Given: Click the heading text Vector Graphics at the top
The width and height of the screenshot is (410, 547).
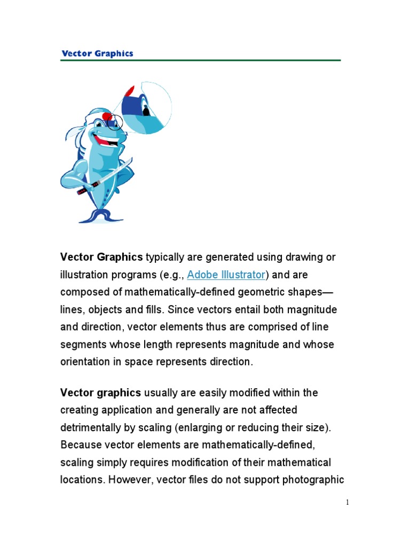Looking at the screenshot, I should coord(97,53).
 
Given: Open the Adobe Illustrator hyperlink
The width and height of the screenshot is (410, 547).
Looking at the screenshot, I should coord(226,275).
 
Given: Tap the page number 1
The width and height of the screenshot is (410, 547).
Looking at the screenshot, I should coord(347,502).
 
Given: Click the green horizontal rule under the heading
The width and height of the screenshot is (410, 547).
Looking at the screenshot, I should coord(200,60).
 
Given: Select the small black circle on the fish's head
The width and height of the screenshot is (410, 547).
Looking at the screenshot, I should coord(114,123).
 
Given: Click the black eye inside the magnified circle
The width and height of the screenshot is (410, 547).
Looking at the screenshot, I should coord(145,110).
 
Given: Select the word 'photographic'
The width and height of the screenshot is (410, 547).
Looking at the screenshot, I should coord(313,480).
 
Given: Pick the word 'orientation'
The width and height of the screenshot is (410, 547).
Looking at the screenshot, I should coord(85,362).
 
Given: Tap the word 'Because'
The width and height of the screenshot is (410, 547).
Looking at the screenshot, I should coord(81,445).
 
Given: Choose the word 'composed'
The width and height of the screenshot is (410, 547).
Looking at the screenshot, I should coord(84,292).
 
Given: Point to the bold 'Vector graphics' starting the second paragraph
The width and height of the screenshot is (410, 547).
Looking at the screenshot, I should coord(100,393).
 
